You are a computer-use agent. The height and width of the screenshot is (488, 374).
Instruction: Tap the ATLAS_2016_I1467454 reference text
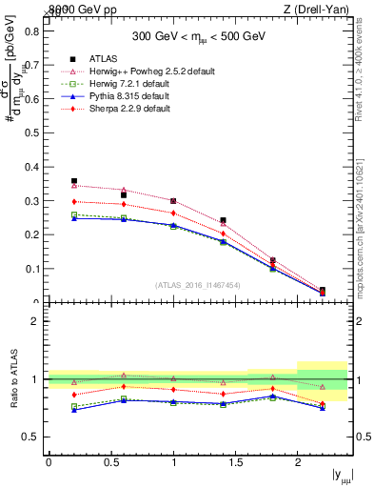[x=197, y=284]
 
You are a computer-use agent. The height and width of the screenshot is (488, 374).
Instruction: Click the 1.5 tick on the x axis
[x=236, y=462]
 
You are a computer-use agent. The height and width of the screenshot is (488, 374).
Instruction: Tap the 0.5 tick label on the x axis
[x=111, y=462]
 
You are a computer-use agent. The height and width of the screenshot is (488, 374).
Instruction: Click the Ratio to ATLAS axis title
[x=14, y=379]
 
